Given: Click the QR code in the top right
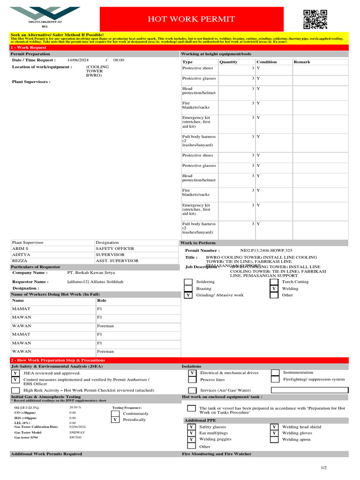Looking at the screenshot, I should [x=315, y=20].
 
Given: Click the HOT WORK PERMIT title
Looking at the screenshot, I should [x=191, y=19].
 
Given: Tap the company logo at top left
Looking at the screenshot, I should [x=45, y=14].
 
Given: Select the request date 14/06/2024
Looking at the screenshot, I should [x=78, y=60].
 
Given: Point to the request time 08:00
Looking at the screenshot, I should [x=119, y=60].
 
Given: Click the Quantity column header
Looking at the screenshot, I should [x=228, y=62].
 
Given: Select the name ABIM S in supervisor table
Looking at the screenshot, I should [x=20, y=248].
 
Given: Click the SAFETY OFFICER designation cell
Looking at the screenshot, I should [x=115, y=248].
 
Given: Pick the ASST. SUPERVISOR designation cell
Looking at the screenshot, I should [x=117, y=261].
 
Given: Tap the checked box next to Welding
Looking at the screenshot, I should [x=274, y=289].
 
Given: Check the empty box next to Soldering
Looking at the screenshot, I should [x=188, y=282].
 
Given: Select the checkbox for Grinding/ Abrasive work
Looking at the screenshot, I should [x=188, y=295].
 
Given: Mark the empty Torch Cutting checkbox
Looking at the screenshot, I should [x=274, y=282].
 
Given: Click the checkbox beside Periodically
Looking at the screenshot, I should [x=115, y=420].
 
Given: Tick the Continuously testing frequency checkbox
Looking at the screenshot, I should [x=115, y=413].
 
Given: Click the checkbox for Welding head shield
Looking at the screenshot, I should [x=274, y=427].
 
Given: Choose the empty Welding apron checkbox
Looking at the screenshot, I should [x=274, y=440].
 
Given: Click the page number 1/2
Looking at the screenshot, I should [x=324, y=468].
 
